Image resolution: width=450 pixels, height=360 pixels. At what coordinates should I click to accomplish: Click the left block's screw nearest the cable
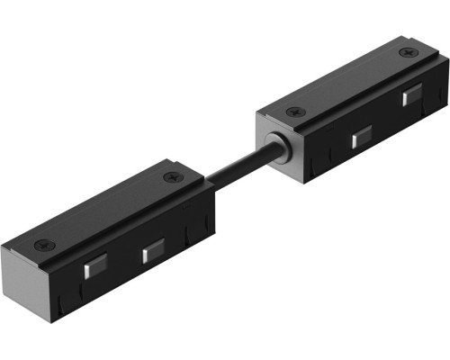[x=169, y=177]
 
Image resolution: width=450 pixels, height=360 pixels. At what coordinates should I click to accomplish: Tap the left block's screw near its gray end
[x=40, y=244]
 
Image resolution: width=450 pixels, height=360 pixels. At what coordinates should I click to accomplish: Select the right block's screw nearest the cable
[x=291, y=112]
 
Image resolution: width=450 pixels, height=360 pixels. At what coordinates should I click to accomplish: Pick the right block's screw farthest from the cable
[x=410, y=52]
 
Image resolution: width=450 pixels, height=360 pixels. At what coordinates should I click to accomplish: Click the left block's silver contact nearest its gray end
[x=94, y=267]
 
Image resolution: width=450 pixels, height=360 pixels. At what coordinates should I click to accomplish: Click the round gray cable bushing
[x=281, y=149]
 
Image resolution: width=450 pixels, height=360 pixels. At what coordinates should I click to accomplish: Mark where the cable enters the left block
[x=213, y=184]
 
